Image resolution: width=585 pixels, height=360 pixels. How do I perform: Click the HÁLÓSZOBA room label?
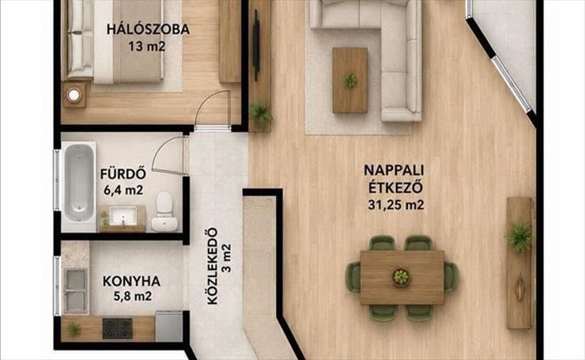coord(148,29)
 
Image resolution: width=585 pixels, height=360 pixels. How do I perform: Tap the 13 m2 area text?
coord(146,47)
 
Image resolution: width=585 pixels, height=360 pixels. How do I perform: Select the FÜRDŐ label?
coord(123,174)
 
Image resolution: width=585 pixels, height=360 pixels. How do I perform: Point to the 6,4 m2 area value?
coord(123,190)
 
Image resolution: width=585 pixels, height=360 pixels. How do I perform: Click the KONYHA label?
coord(131,281)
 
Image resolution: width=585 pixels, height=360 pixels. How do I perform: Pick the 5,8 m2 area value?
coord(133,297)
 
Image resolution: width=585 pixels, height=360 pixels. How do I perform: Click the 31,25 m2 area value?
coord(396,205)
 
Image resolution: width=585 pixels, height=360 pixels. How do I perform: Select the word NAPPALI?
coord(394,170)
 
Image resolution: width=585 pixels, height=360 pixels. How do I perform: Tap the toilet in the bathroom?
coord(164,211)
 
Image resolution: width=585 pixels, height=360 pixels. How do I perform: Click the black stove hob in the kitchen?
coord(118,328)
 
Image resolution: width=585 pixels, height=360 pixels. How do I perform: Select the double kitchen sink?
coord(76,290)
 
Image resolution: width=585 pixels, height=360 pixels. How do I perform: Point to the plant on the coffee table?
coord(350,80)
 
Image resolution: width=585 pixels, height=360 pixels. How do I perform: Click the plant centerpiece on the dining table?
coord(401,277)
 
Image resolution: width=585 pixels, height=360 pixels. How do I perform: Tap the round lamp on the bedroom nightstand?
coord(74,95)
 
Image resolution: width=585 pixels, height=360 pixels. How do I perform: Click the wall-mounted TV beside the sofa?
coord(256,45)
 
